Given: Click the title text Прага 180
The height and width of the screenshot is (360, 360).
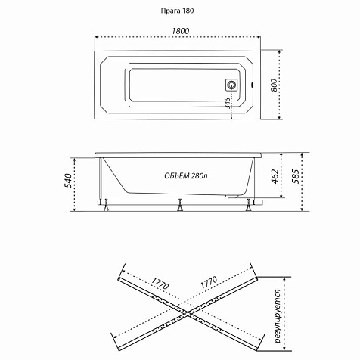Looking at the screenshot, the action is click(178, 11).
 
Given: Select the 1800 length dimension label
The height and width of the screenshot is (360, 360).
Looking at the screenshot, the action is click(181, 31).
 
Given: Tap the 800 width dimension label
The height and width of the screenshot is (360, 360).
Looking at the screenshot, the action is click(275, 85).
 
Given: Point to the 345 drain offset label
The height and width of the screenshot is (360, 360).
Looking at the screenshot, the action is click(228, 103).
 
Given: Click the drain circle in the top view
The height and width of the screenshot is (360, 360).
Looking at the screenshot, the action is click(231, 85).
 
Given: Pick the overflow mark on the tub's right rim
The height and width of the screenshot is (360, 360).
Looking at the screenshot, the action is click(253, 85).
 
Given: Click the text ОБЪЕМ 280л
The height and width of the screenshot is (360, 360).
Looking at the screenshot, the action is click(186, 175).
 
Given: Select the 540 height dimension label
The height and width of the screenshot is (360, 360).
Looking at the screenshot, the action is click(68, 181).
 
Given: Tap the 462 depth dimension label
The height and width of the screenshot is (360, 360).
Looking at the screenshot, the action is click(275, 176).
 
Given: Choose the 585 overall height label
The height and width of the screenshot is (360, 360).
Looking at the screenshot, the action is click(296, 176).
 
